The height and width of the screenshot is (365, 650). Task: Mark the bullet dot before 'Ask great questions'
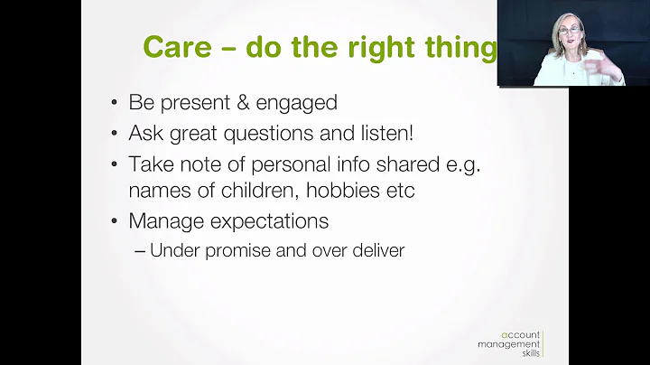coord(115,134)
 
